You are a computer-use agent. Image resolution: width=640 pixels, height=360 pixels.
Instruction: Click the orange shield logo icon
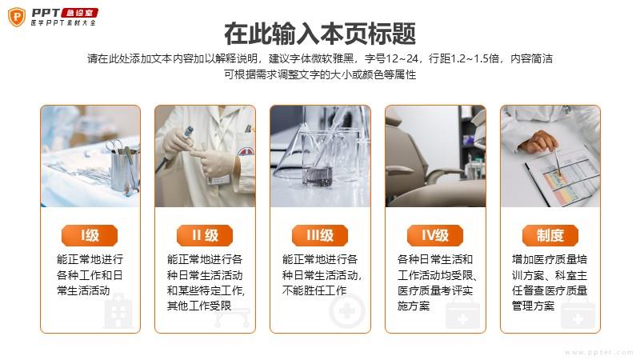pos(17,17)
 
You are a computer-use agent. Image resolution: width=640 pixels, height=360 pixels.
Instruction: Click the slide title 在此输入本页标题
pos(320,34)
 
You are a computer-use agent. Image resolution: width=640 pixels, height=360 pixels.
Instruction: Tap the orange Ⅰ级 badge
pos(90,235)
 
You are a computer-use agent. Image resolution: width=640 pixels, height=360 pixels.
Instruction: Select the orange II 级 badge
pos(205,235)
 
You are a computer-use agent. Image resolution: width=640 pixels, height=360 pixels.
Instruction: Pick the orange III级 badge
pos(320,235)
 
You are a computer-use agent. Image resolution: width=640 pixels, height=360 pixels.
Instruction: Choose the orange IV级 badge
pos(435,235)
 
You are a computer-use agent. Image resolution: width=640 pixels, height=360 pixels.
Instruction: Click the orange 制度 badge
pos(550,235)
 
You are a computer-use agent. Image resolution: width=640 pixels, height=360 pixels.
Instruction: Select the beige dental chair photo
pos(435,156)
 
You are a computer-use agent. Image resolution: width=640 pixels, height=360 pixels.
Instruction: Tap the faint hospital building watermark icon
pos(118,313)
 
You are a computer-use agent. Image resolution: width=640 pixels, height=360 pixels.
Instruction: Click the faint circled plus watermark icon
pos(347,311)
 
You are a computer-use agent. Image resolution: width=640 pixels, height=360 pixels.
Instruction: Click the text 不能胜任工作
pos(314,290)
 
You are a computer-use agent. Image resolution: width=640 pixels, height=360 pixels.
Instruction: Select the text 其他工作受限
pos(199,306)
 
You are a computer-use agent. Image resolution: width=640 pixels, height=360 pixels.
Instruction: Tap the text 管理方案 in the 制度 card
pos(534,306)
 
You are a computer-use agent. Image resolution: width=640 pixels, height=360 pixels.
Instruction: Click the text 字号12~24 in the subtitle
pos(391,58)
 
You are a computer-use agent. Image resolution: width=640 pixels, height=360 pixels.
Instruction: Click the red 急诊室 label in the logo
pos(79,13)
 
